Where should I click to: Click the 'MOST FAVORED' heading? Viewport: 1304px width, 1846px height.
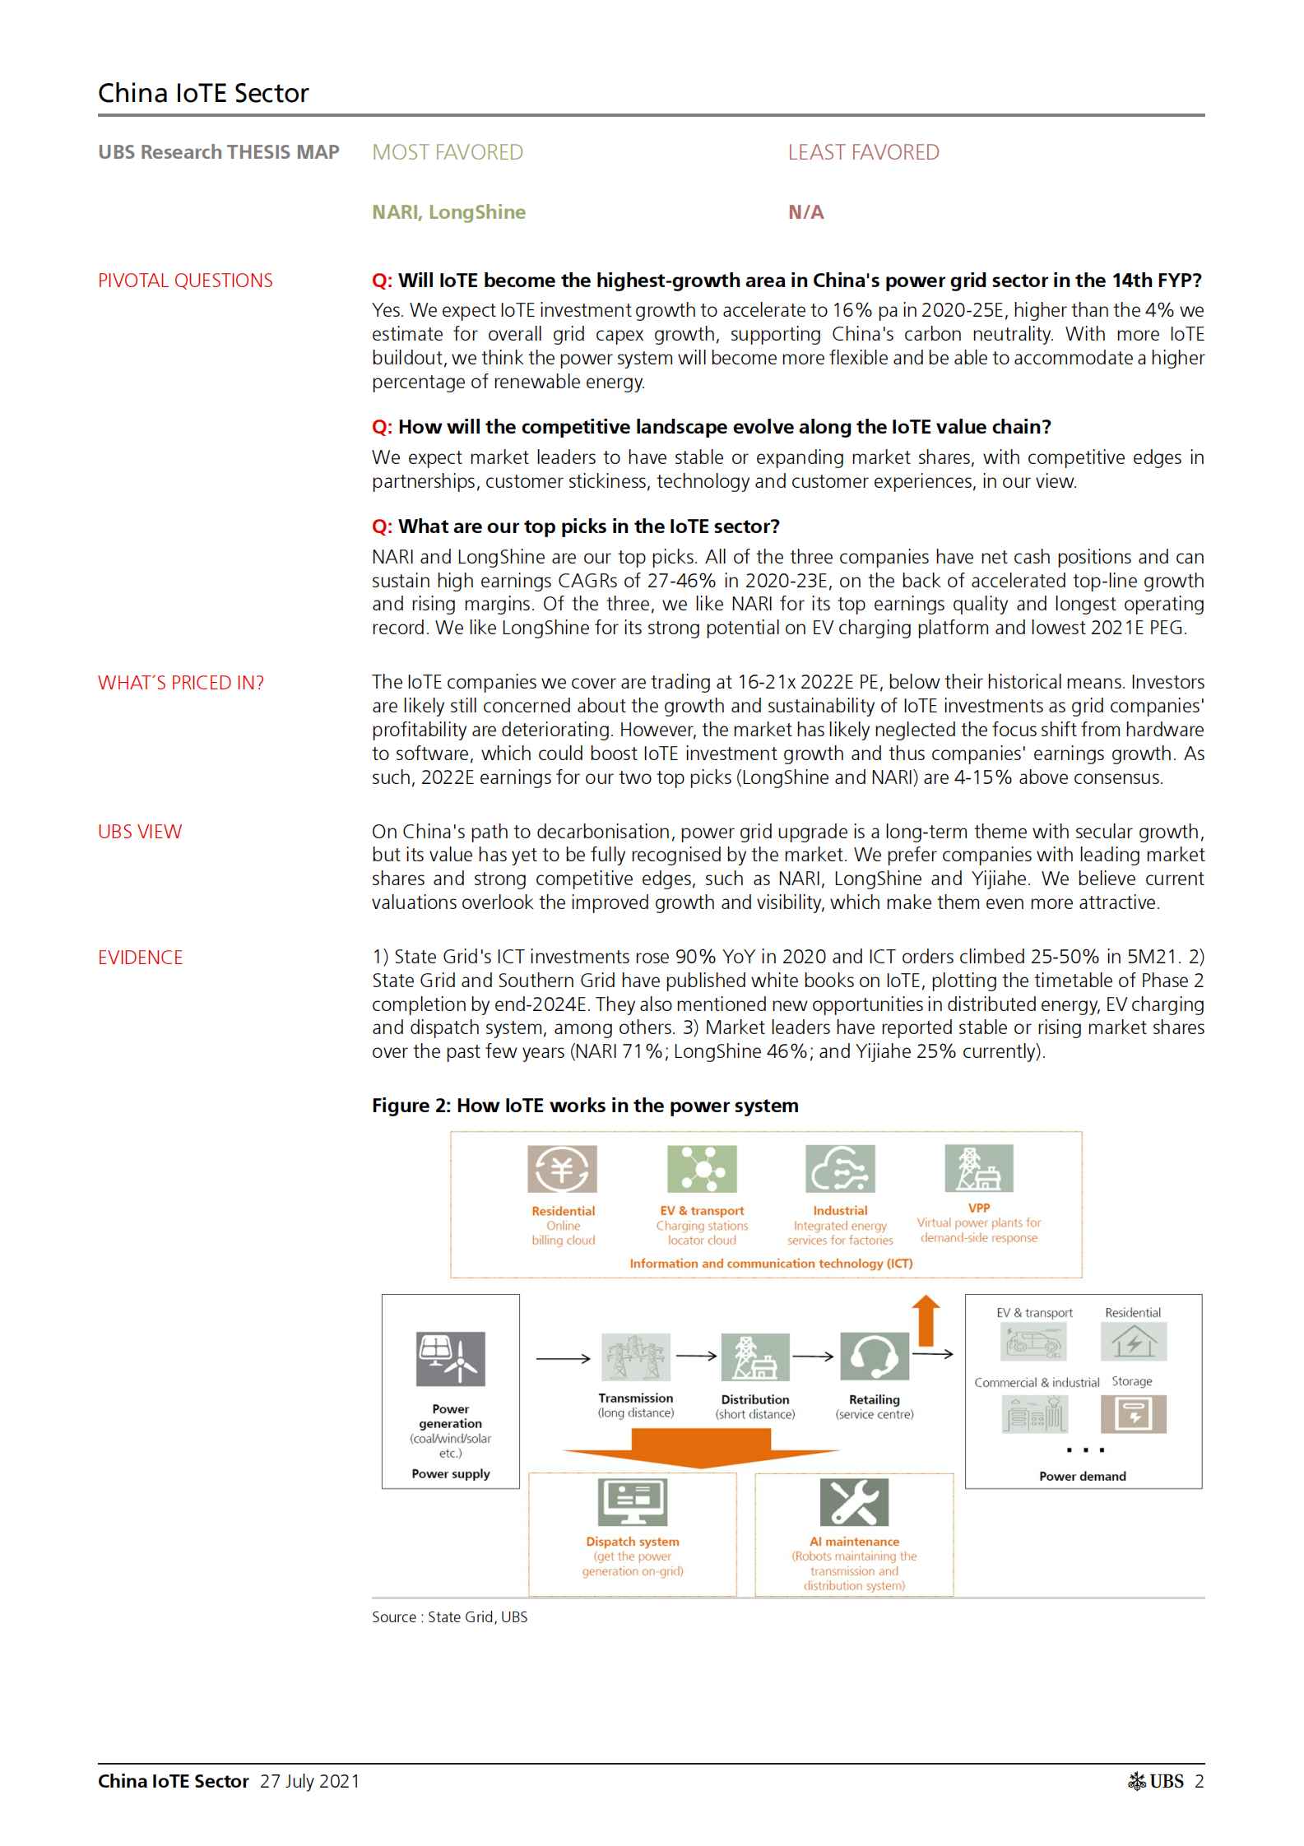[x=447, y=152]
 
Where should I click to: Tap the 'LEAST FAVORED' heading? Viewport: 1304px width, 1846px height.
[x=863, y=152]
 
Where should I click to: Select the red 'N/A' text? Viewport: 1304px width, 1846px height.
[x=805, y=212]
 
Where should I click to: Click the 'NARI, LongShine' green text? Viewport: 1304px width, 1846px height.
[x=448, y=212]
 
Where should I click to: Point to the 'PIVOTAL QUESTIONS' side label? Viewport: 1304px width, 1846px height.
[x=185, y=281]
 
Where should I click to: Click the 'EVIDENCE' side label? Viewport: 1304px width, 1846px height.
[x=140, y=958]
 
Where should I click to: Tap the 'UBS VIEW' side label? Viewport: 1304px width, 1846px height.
[x=140, y=832]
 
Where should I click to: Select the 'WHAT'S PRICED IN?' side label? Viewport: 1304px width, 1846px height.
[x=181, y=683]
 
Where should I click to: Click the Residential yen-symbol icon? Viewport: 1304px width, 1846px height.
[x=562, y=1168]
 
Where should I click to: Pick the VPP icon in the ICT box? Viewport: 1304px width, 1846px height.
[x=978, y=1167]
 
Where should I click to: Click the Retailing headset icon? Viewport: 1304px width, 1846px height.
[x=874, y=1357]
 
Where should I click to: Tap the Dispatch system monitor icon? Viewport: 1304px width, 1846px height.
[x=632, y=1501]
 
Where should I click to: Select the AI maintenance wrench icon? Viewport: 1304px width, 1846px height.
[x=854, y=1501]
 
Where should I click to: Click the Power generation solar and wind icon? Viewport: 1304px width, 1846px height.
[x=450, y=1359]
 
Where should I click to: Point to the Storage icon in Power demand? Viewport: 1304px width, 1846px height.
[x=1133, y=1414]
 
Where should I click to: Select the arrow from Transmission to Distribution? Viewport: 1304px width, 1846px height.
[x=696, y=1357]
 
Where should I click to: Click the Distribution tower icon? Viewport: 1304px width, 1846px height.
[x=754, y=1357]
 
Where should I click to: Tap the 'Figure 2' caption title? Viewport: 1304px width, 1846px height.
[x=585, y=1105]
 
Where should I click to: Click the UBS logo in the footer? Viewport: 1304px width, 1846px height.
[x=1155, y=1781]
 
